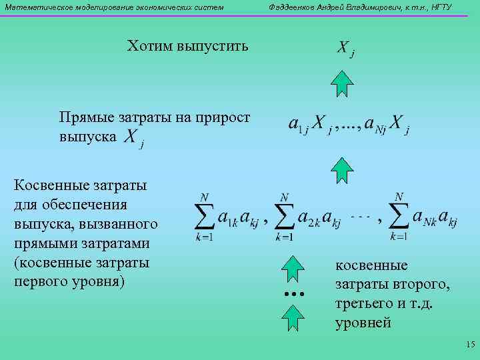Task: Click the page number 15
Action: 469,345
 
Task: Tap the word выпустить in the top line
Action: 213,47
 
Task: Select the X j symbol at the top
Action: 345,49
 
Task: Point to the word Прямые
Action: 82,118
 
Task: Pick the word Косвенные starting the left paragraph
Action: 49,185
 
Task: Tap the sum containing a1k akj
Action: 227,217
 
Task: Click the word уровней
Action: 363,323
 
